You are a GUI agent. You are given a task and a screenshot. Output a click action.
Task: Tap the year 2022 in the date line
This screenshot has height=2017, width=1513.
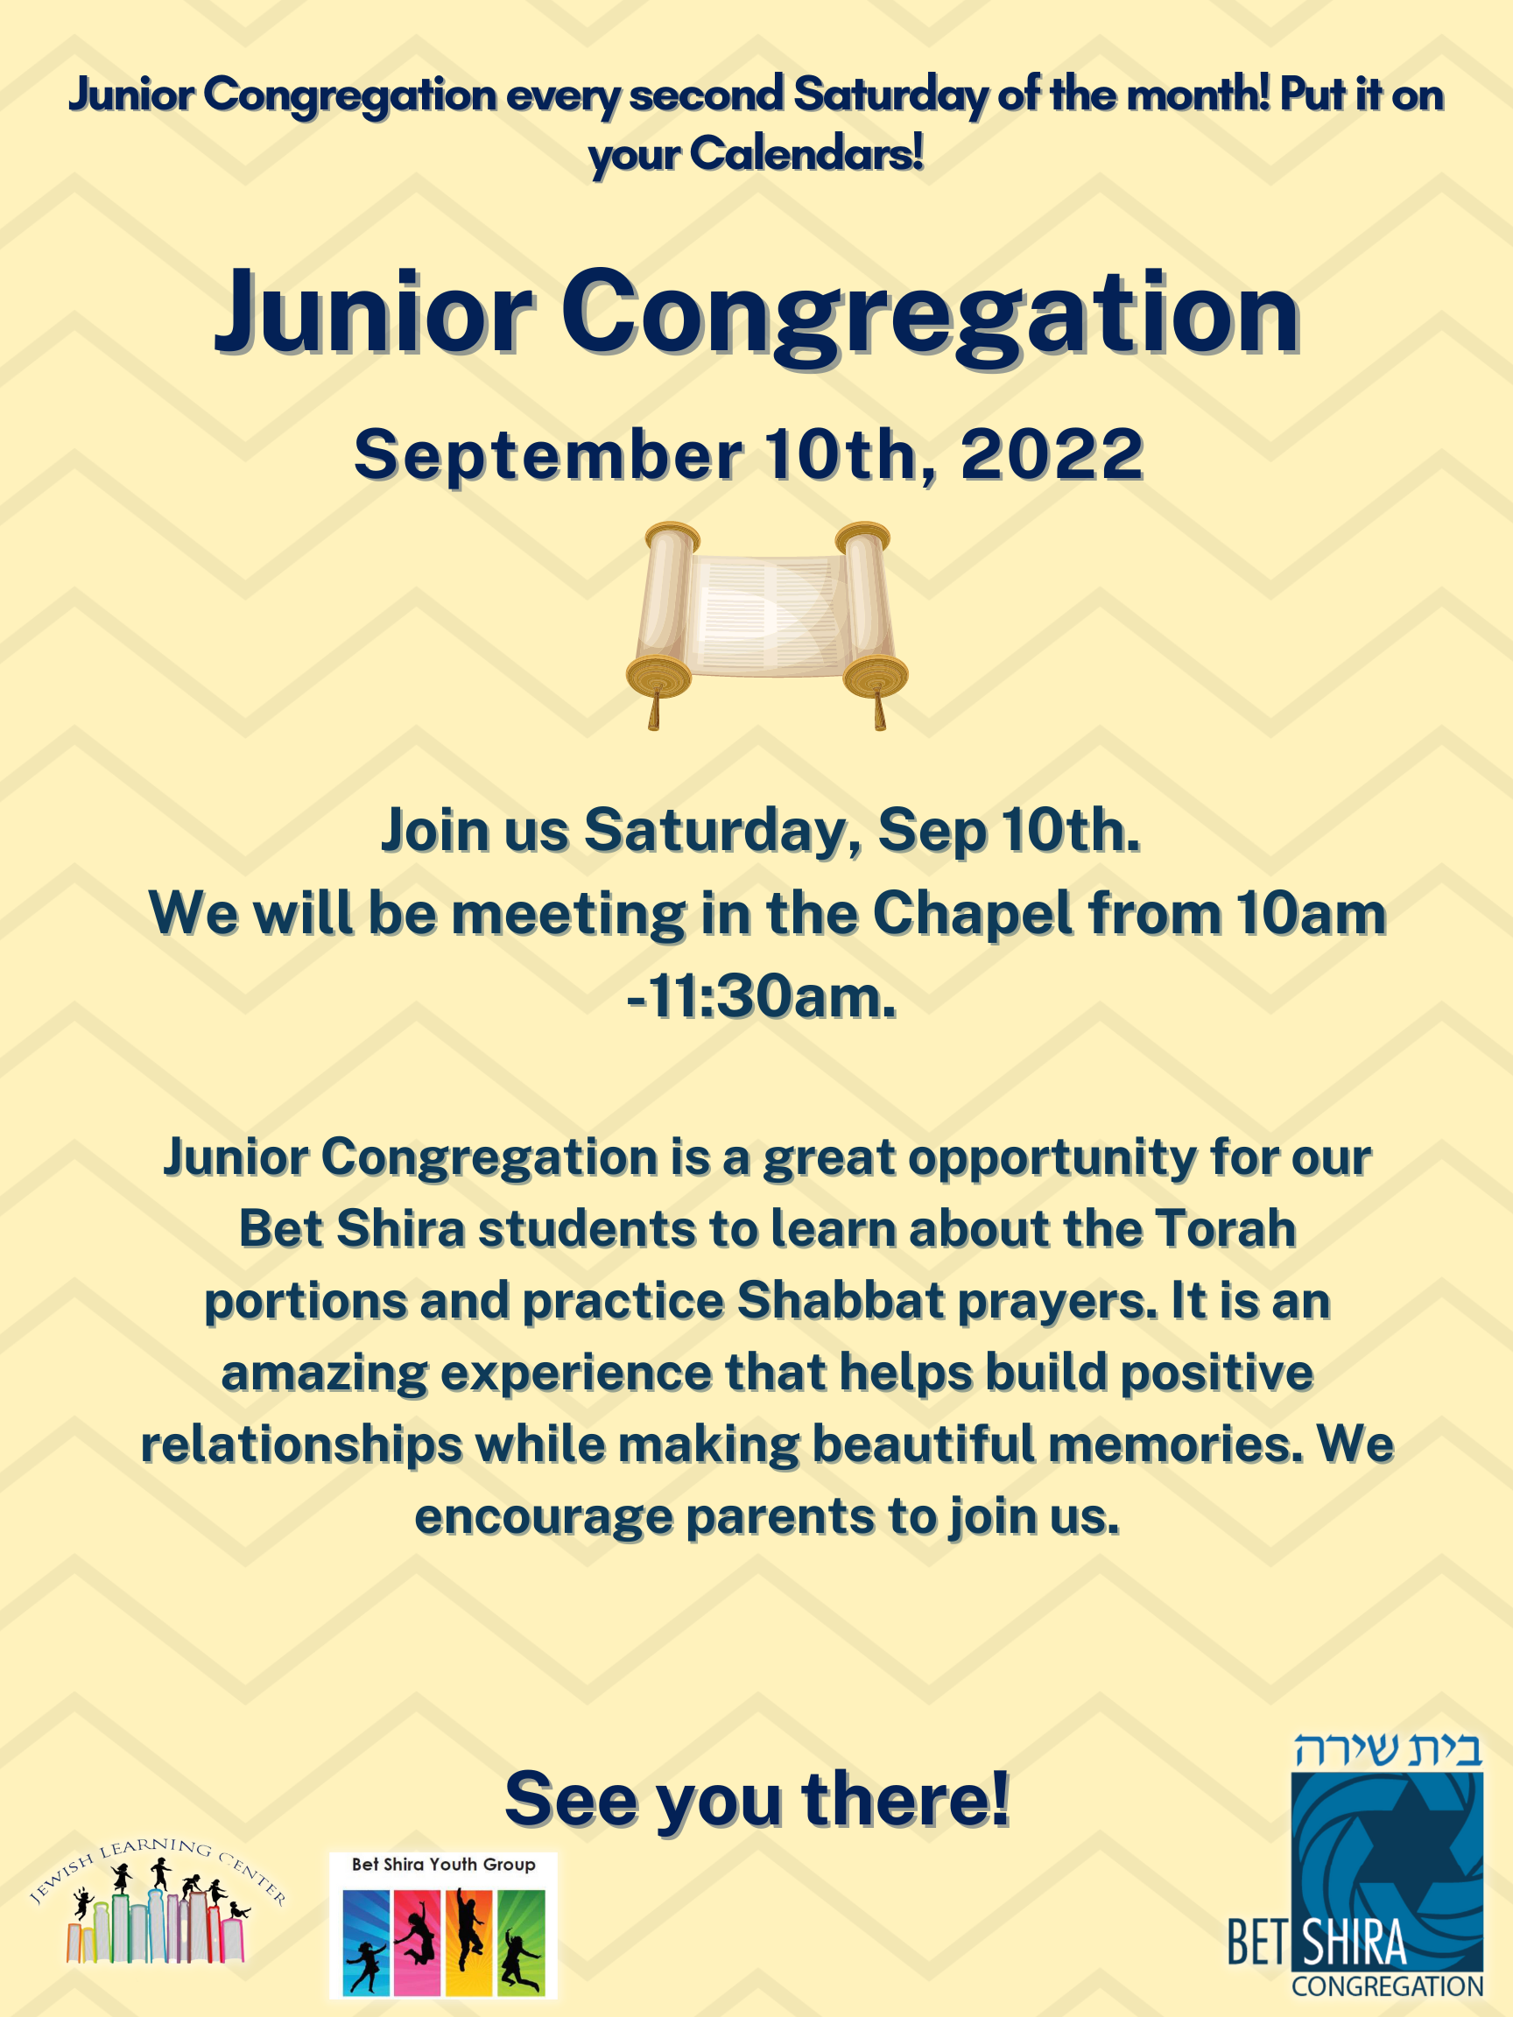coord(1051,454)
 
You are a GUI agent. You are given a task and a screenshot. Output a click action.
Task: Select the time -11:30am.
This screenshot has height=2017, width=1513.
coord(762,996)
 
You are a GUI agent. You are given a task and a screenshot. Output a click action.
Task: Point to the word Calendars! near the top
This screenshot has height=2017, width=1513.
coord(806,153)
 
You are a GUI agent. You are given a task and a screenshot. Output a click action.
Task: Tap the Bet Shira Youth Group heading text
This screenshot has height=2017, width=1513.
coord(443,1864)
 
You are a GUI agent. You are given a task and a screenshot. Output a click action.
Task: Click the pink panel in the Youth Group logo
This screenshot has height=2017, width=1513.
coord(418,1943)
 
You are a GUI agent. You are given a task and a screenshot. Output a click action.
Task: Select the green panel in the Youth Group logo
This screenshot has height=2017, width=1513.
coord(521,1943)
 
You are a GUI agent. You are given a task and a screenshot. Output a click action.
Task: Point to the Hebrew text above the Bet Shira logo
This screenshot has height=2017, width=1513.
coord(1387,1750)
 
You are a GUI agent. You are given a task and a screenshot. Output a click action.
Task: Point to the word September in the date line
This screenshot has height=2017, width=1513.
coord(548,454)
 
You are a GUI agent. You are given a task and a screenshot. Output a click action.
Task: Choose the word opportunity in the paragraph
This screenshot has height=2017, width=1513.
coord(1052,1157)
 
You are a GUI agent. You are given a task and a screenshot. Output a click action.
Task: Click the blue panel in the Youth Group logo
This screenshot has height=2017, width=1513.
coord(367,1943)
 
